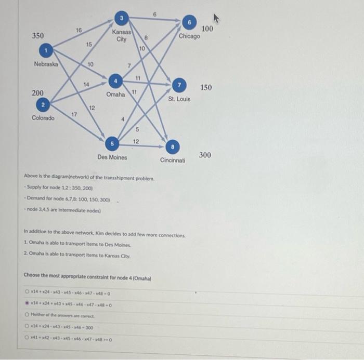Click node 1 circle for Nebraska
(47, 50)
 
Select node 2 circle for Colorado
(44, 105)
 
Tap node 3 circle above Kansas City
(121, 19)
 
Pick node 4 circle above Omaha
(115, 81)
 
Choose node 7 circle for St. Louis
(179, 85)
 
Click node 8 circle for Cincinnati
(174, 146)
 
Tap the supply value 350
(38, 36)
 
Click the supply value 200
(37, 93)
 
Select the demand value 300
(205, 155)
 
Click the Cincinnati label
(172, 161)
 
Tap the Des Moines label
(112, 157)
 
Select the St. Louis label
(179, 98)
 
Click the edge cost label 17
(74, 114)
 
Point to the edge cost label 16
(79, 31)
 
